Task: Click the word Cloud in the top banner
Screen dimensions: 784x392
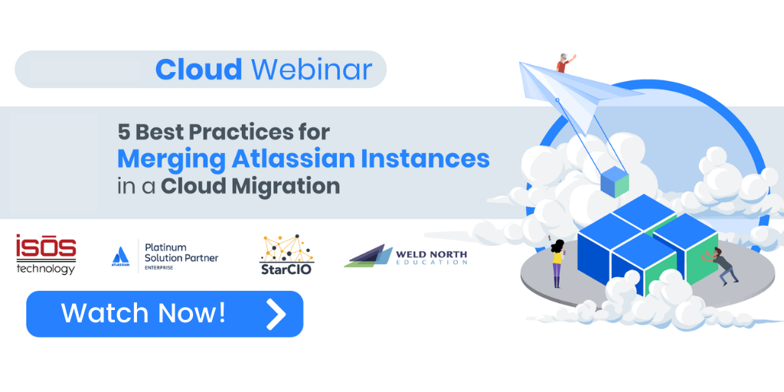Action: point(198,69)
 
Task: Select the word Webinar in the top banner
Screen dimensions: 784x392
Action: point(312,69)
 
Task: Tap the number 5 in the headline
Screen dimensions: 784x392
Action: point(123,132)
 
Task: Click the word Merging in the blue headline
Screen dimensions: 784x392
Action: point(171,159)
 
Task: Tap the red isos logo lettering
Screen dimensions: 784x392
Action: point(46,247)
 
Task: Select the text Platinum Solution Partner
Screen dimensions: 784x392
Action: point(181,253)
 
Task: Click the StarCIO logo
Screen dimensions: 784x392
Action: point(286,254)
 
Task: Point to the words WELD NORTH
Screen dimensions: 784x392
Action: point(432,253)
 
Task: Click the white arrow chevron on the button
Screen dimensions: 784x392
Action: point(276,314)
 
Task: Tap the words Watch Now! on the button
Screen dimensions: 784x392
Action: point(143,313)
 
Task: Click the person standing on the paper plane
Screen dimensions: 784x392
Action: point(564,63)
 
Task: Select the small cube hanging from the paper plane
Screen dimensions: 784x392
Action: point(615,182)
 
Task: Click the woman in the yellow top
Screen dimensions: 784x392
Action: point(557,263)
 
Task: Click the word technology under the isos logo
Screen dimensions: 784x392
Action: point(45,269)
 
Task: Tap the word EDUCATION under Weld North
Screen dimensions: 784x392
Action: point(432,262)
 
